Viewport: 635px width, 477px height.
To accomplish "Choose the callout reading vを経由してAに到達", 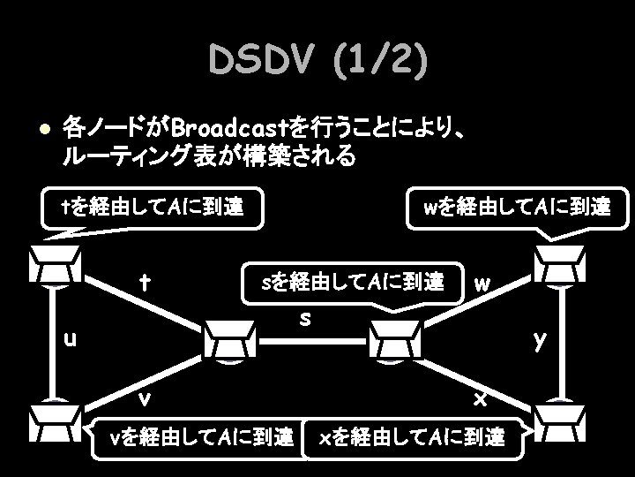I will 199,435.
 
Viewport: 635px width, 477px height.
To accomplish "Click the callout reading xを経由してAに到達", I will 412,435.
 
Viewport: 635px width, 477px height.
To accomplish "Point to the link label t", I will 144,284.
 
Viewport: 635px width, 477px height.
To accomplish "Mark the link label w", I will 482,285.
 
